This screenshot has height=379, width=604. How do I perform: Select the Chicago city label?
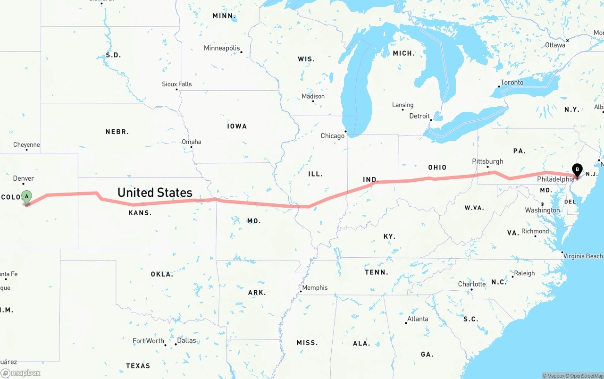pos(333,136)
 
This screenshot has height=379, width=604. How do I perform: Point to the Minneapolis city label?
pos(222,48)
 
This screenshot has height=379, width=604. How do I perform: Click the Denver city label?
pos(24,178)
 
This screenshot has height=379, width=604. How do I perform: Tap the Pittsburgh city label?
pos(487,161)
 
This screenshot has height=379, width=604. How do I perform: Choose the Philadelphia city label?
pos(555,179)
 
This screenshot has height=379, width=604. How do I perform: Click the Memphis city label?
pos(315,287)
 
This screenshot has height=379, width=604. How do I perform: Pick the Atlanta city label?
pos(418,319)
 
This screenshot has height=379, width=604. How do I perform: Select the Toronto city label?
pos(512,83)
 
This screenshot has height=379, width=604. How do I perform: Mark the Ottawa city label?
pos(555,45)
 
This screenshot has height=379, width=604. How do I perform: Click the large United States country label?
pos(155,193)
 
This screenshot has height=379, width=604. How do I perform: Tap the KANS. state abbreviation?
pos(140,213)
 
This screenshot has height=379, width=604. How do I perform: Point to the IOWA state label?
pos(237,126)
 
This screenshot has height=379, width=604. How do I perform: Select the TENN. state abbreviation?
pos(377,272)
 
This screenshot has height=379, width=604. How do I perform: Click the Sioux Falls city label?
pos(177,84)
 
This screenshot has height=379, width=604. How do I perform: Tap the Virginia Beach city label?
pos(583,256)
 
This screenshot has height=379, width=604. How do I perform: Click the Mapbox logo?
pos(21,373)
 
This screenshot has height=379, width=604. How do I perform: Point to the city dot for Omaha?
pos(191,147)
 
